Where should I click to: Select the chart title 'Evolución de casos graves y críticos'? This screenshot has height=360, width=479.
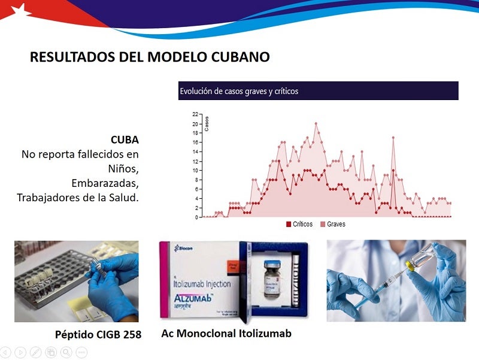click(239, 92)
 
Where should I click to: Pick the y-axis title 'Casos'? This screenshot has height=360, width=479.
click(207, 122)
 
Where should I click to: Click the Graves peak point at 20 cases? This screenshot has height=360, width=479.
click(316, 123)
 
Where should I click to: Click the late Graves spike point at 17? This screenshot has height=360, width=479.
click(393, 138)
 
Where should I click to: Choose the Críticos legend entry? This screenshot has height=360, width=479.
click(299, 224)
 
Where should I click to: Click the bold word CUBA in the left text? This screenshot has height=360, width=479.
click(125, 140)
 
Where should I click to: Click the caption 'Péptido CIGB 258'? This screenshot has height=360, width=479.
click(98, 334)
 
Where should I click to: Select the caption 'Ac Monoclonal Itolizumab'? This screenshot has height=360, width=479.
click(226, 333)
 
